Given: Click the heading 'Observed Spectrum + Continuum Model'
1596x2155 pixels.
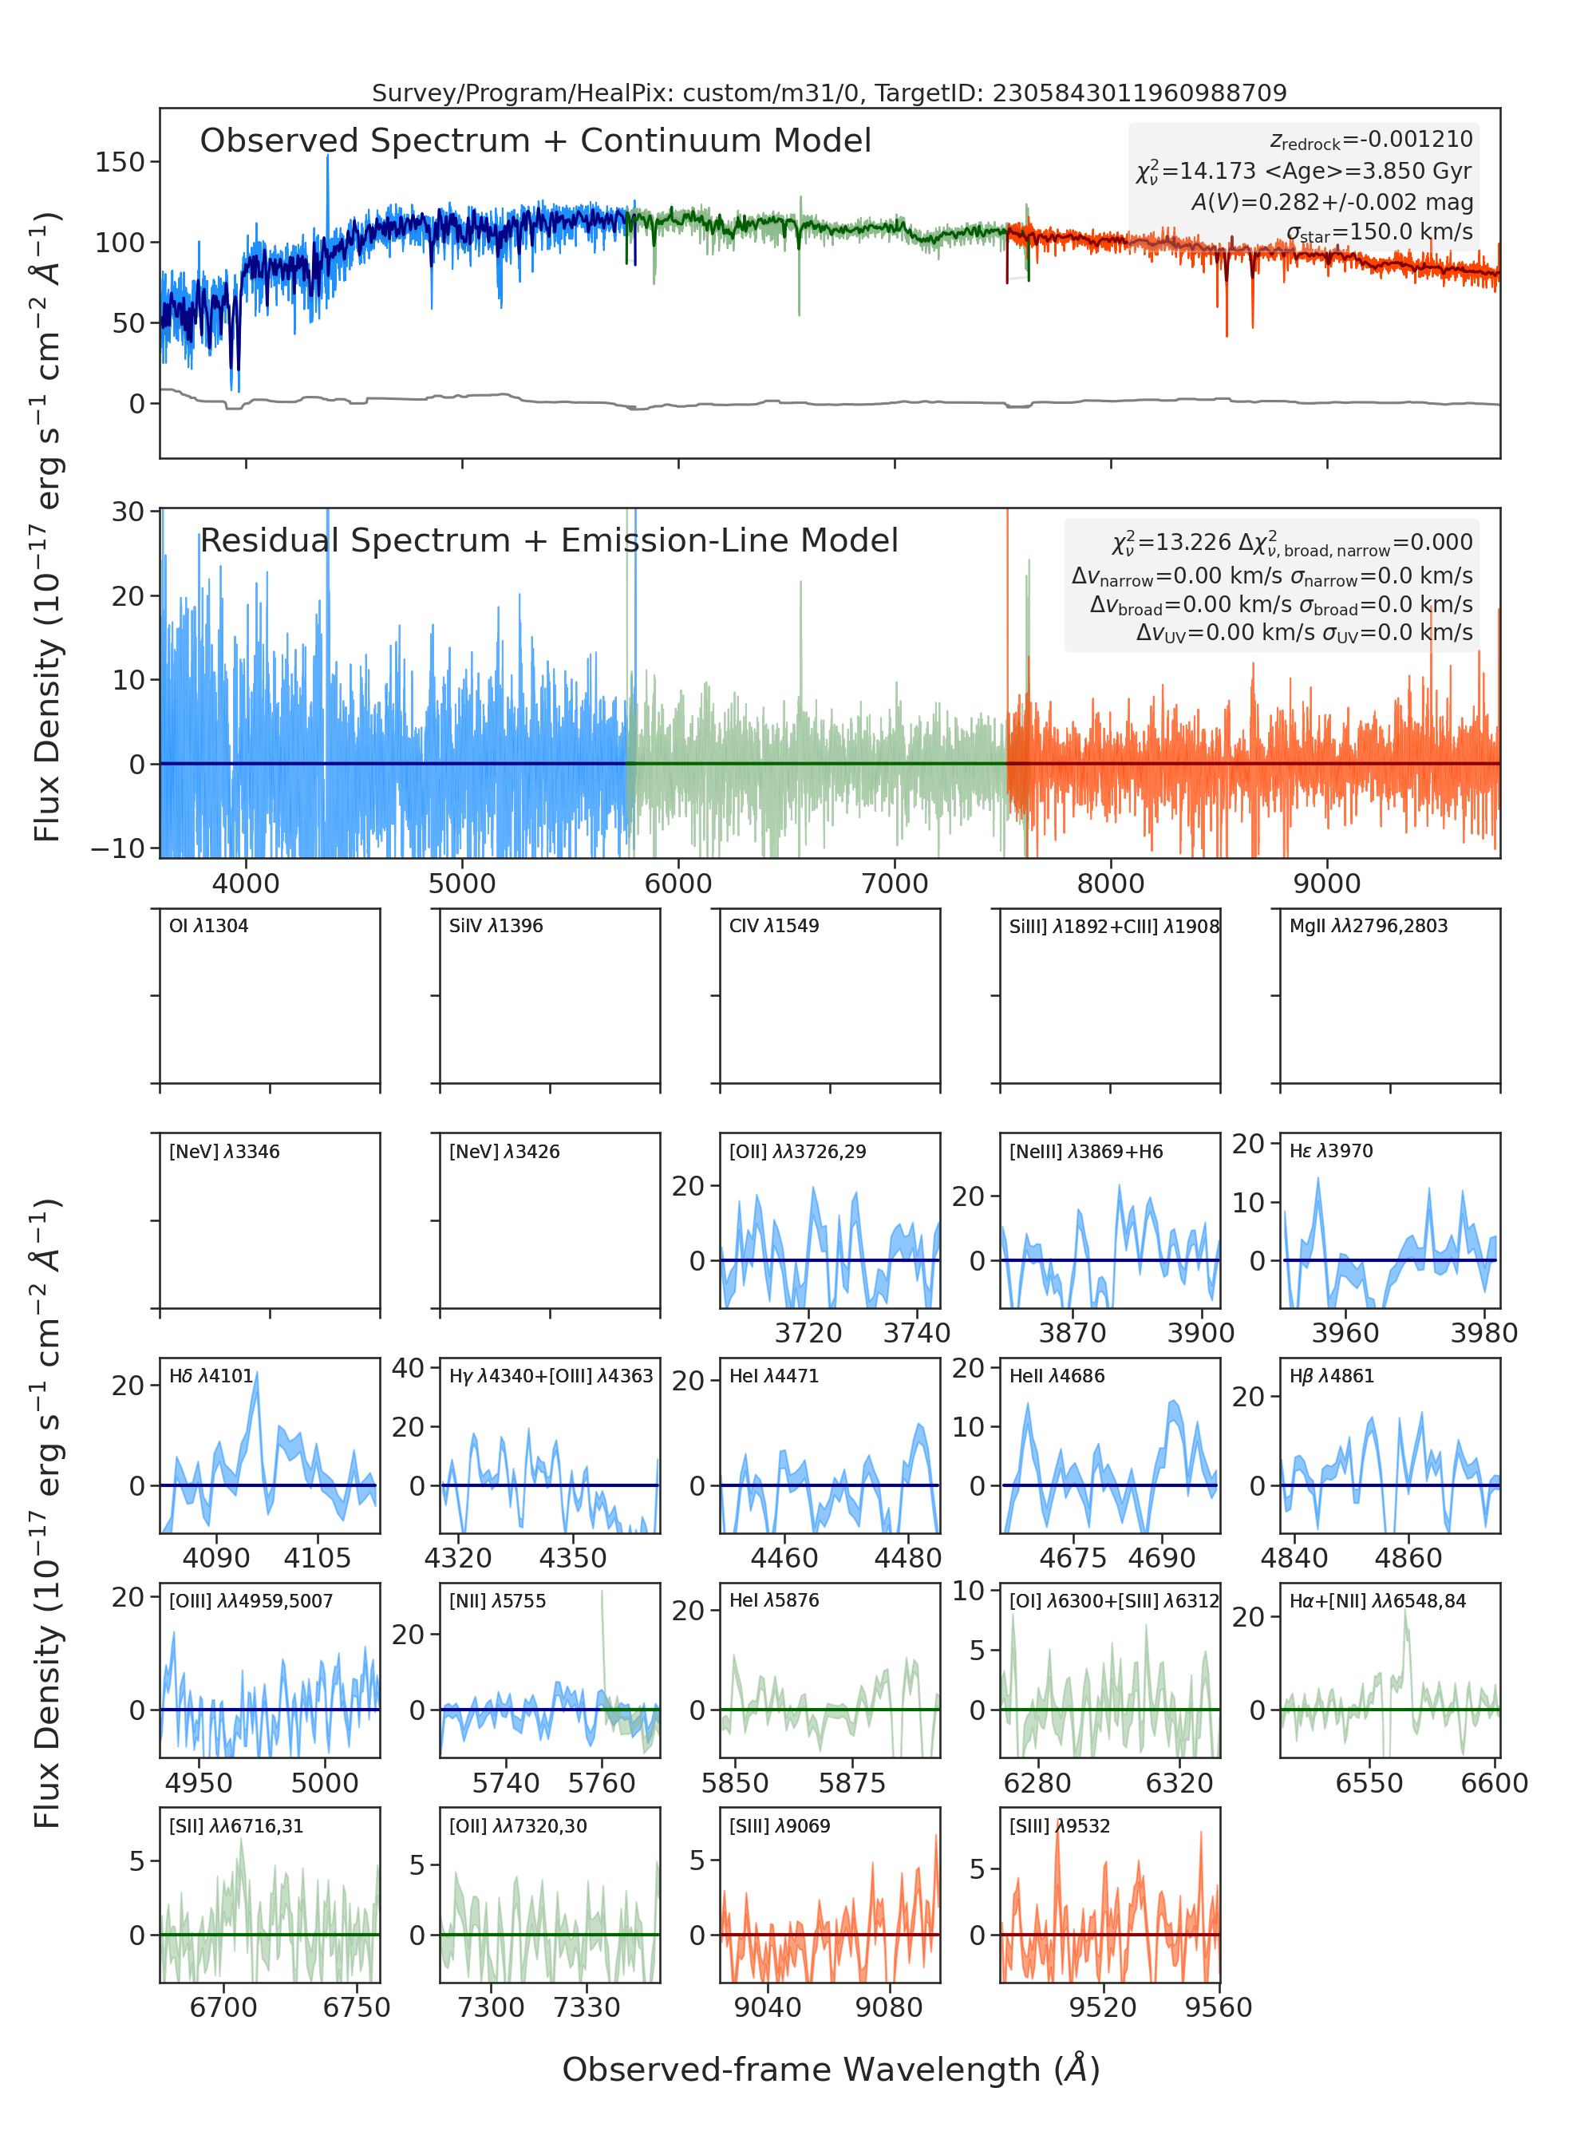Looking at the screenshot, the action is click(535, 141).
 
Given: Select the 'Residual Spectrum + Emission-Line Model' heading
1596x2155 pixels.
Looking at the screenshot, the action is click(549, 540).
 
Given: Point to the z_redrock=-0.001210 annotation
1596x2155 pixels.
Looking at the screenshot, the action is click(1371, 140).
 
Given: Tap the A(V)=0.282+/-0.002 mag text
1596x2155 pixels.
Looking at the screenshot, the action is click(1332, 202).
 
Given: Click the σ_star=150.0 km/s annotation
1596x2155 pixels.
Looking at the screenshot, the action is click(1380, 232).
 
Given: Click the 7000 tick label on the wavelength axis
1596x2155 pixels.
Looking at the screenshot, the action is click(895, 884).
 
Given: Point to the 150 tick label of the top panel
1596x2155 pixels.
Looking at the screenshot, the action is click(120, 161).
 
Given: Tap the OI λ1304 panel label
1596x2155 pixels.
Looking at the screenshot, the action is click(209, 926).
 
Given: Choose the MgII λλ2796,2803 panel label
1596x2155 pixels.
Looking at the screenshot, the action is click(1368, 926).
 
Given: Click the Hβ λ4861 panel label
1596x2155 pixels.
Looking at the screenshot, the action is click(1331, 1376).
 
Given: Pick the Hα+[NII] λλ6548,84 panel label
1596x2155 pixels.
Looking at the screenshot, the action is click(1377, 1601).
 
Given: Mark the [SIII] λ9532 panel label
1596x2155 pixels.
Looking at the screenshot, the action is click(1060, 1826).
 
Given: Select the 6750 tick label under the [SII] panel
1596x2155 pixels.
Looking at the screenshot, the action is click(357, 2007).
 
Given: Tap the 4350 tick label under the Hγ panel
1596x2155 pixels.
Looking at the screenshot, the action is click(573, 1558).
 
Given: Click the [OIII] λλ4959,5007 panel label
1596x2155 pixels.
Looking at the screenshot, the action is click(251, 1601).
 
